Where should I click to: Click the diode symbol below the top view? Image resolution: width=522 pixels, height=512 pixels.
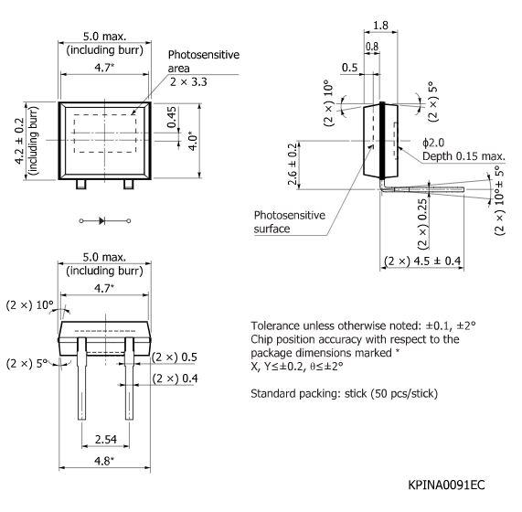[x=101, y=220]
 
